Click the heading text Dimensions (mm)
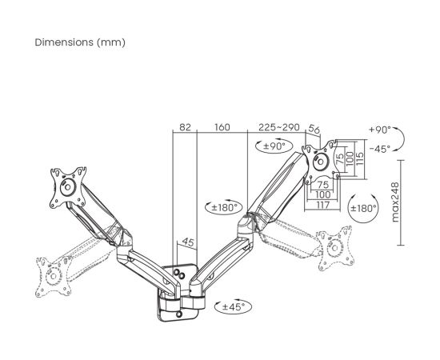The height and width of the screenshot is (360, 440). pos(80,42)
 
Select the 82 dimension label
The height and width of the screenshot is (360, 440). pos(185,127)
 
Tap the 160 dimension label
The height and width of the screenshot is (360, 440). pos(222,127)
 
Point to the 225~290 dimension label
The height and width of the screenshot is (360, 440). pos(279,127)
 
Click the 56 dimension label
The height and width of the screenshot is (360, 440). pos(314,130)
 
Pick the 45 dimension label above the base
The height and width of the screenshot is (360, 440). pos(188,242)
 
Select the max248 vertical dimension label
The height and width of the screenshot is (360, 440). pos(395,202)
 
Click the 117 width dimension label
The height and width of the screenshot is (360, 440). pos(322,205)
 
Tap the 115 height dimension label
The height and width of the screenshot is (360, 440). pos(359,158)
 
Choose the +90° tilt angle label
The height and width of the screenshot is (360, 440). pos(380,130)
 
